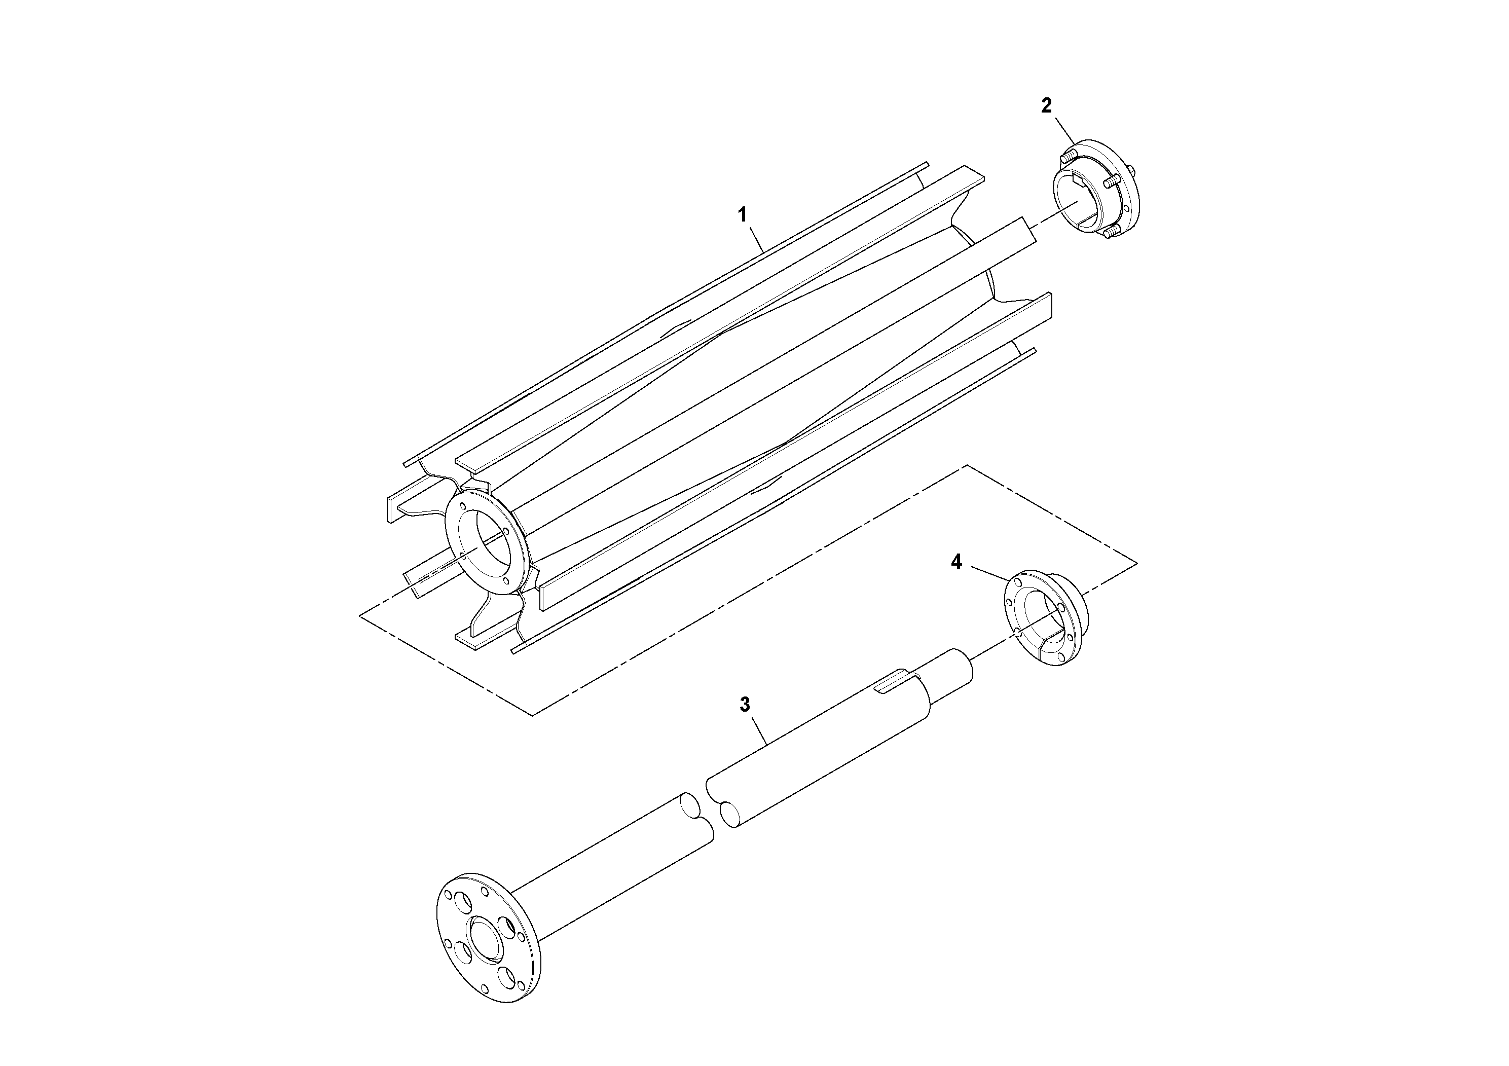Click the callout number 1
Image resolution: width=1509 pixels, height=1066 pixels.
pos(742,215)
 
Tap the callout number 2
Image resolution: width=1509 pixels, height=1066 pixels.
pos(1046,105)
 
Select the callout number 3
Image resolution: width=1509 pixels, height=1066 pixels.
pos(745,705)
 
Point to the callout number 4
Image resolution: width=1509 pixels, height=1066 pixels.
pos(957,562)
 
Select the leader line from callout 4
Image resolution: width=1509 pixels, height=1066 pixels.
pos(989,572)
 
